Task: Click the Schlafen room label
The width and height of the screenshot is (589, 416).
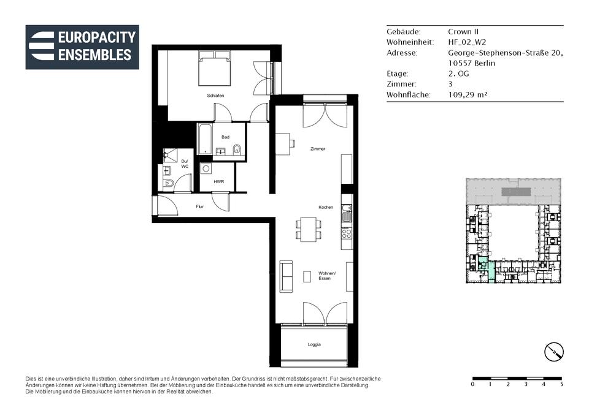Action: (215, 96)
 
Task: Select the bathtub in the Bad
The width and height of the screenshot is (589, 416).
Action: (205, 139)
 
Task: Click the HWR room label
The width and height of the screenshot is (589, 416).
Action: (218, 182)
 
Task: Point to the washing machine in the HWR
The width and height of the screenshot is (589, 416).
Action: (206, 168)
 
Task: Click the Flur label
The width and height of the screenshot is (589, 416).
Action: (200, 206)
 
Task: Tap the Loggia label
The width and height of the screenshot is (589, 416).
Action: (314, 344)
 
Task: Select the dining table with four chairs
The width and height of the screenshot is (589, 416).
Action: (308, 230)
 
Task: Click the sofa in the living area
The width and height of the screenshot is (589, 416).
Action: (287, 277)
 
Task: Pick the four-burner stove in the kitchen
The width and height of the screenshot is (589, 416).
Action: (346, 233)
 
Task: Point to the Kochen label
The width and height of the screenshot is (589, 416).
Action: (326, 207)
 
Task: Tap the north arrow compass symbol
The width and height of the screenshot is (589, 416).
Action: (554, 352)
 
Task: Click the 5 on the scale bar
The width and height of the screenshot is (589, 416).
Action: (561, 385)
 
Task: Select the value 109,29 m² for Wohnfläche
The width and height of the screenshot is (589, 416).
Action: (468, 95)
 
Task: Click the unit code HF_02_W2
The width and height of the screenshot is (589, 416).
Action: (467, 42)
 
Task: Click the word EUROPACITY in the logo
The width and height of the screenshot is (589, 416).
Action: (97, 37)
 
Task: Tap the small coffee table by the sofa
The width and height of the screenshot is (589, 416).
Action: (307, 276)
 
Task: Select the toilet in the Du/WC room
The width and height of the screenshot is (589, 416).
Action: (168, 184)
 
